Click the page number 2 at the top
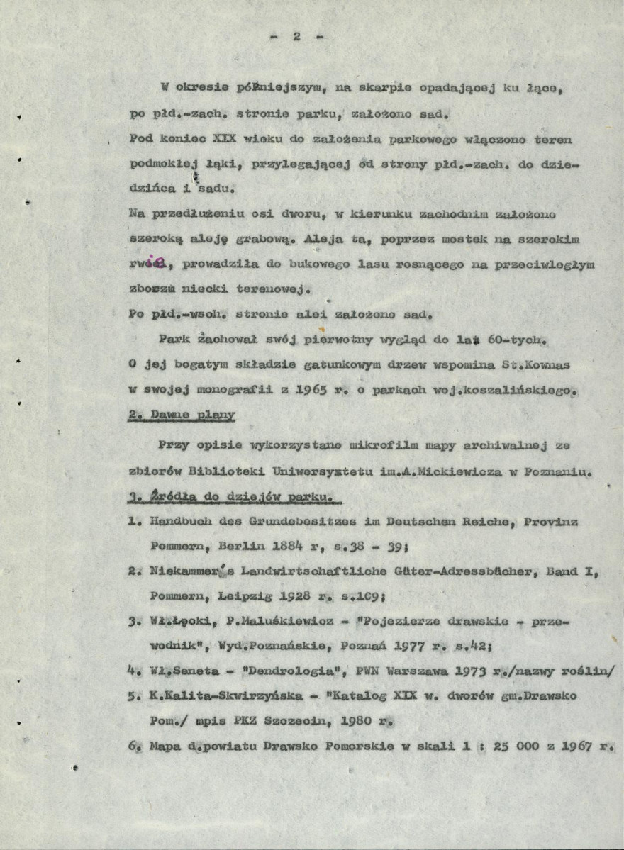tap(297, 38)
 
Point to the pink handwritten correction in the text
tap(154, 262)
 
